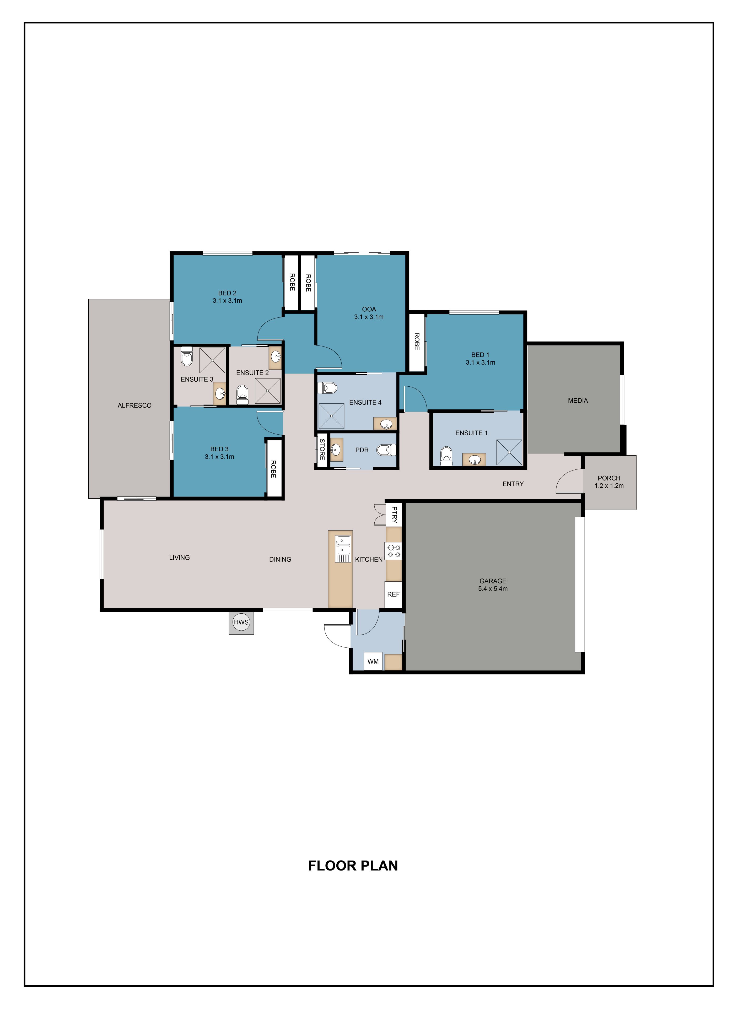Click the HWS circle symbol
coord(241,622)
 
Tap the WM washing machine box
coord(373,661)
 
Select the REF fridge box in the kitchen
coord(393,594)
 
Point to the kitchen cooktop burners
coord(394,551)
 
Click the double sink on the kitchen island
coord(343,545)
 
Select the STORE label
coord(322,450)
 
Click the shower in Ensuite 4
coord(331,416)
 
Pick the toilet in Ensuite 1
coord(446,456)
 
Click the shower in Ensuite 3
coord(212,360)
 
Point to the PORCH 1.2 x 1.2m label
coord(609,482)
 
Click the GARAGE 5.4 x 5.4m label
coord(493,585)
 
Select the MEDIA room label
coord(578,401)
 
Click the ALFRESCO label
coord(134,406)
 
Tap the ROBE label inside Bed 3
coord(273,469)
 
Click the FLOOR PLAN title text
coord(353,866)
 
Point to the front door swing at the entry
coord(568,482)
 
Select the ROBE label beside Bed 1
coord(417,341)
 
